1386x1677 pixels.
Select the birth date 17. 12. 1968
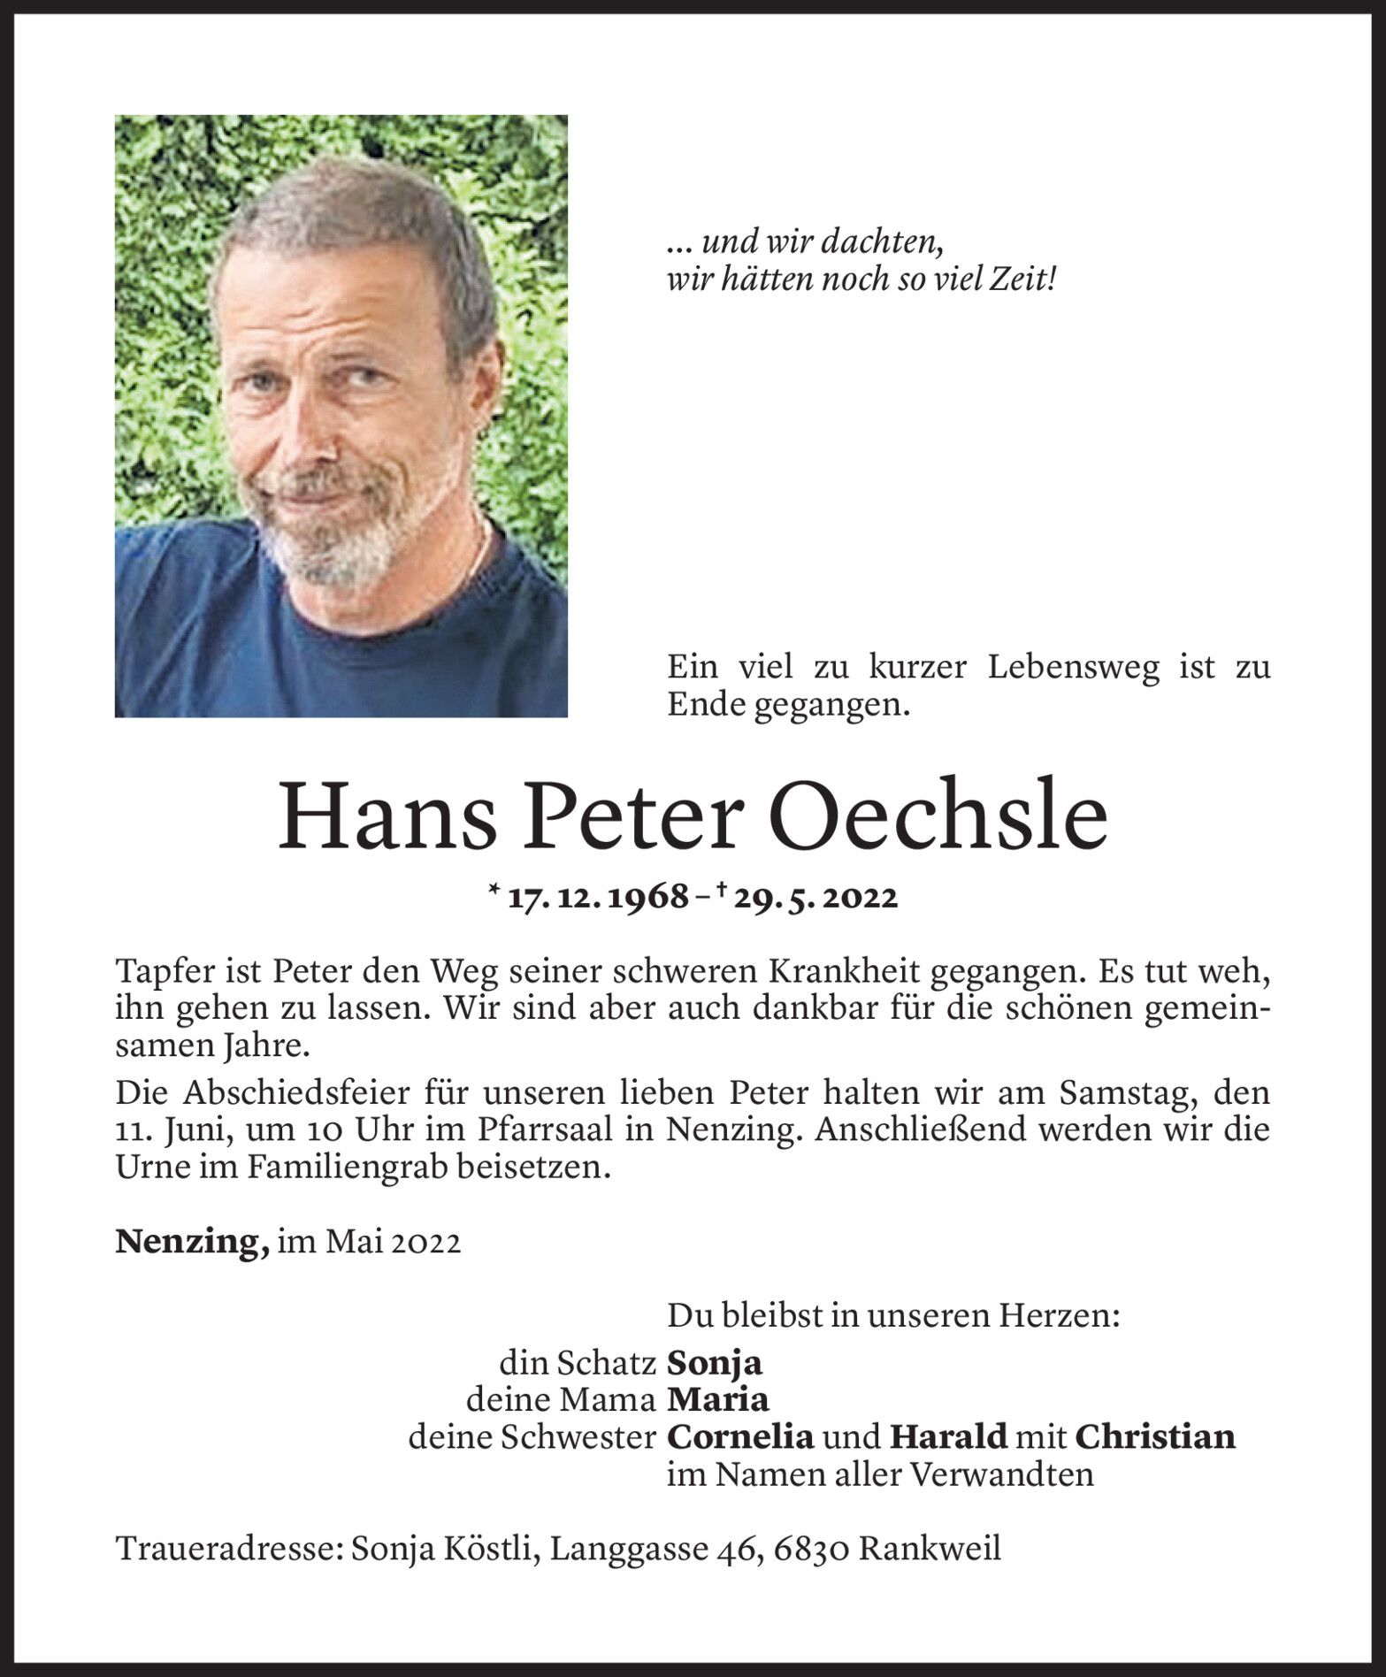coord(599,898)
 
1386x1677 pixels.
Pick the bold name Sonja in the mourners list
coord(715,1363)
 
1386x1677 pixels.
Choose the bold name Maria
coord(718,1400)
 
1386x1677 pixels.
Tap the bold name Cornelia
coord(740,1437)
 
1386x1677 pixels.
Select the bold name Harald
coord(948,1437)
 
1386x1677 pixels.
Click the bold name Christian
coord(1155,1437)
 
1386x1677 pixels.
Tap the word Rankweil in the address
coord(930,1550)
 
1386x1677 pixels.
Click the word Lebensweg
coord(1073,668)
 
